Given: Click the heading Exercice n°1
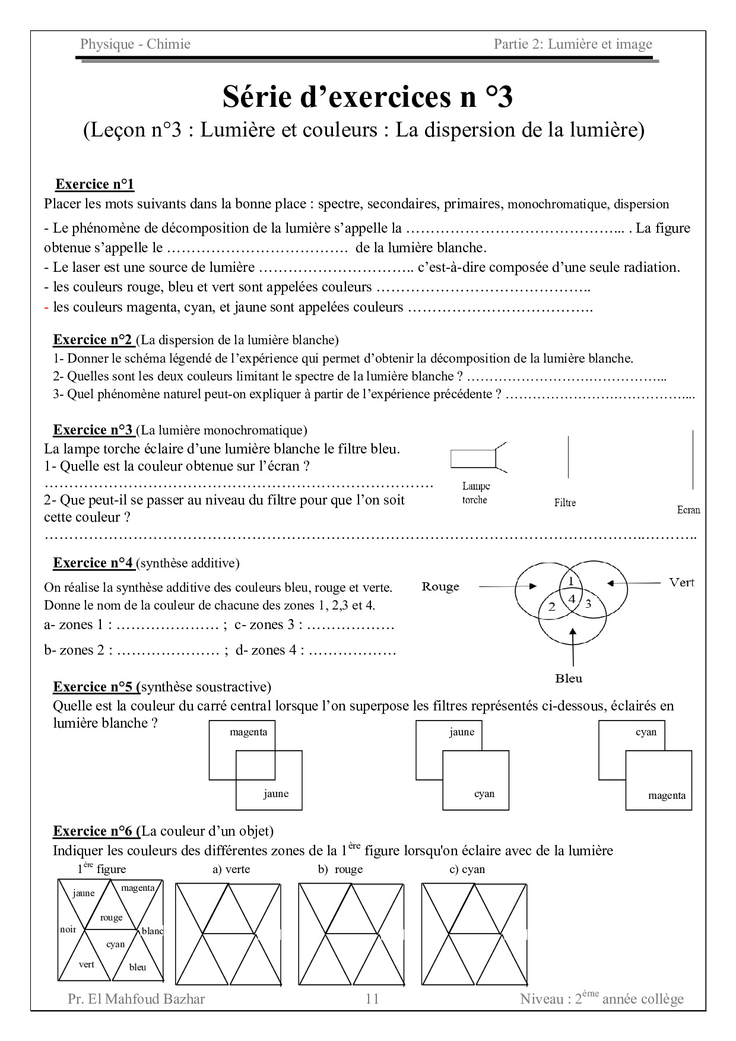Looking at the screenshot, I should click(94, 184).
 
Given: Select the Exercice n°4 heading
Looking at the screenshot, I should click(93, 563).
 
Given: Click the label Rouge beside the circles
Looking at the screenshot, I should click(440, 586).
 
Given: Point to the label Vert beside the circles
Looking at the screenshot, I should click(681, 582).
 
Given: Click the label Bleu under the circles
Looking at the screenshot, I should click(569, 678).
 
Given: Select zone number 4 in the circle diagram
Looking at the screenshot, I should click(572, 599).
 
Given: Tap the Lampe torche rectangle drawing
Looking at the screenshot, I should click(473, 459).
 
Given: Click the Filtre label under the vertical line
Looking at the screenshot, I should click(565, 503).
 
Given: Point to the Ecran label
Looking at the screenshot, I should click(689, 510).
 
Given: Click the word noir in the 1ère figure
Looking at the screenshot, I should click(68, 929).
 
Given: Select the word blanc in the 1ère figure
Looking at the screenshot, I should click(153, 931).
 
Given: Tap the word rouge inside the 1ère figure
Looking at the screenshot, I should click(111, 917).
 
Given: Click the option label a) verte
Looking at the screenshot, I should click(231, 869).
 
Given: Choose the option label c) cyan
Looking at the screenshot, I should click(467, 869).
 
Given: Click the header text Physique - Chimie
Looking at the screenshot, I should click(135, 44).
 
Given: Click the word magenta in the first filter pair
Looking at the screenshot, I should click(249, 732).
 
